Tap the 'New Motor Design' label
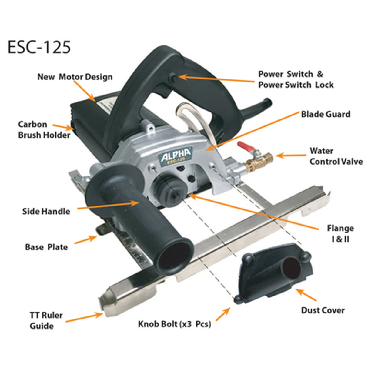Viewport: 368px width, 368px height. (x=75, y=77)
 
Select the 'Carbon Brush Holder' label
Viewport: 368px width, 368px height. (x=44, y=129)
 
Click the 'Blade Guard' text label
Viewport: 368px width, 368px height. (x=325, y=114)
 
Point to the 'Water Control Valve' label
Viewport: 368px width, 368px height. (x=336, y=156)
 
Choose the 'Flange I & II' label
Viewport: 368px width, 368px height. (x=340, y=233)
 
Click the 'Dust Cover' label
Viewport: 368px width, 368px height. (x=323, y=310)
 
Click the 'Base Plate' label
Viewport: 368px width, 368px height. (x=46, y=247)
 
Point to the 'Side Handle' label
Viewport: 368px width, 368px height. (x=46, y=211)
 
